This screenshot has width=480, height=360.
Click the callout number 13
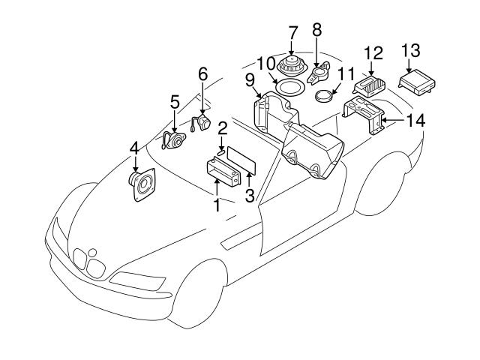point(410,50)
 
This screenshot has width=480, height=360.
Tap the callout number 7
point(292,33)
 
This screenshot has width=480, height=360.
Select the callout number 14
point(415,120)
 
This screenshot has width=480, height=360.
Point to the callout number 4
point(134,149)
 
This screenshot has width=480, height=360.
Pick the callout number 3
point(250,196)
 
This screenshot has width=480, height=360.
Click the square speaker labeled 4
point(142,184)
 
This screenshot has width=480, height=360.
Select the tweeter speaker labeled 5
point(172,140)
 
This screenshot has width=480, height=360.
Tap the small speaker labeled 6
point(201,122)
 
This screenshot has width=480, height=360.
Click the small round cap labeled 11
point(323,97)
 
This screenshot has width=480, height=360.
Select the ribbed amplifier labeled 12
point(370,85)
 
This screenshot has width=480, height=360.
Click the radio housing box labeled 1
point(223,172)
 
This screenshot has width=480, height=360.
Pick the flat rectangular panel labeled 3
point(241,160)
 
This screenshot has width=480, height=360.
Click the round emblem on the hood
point(92,253)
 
